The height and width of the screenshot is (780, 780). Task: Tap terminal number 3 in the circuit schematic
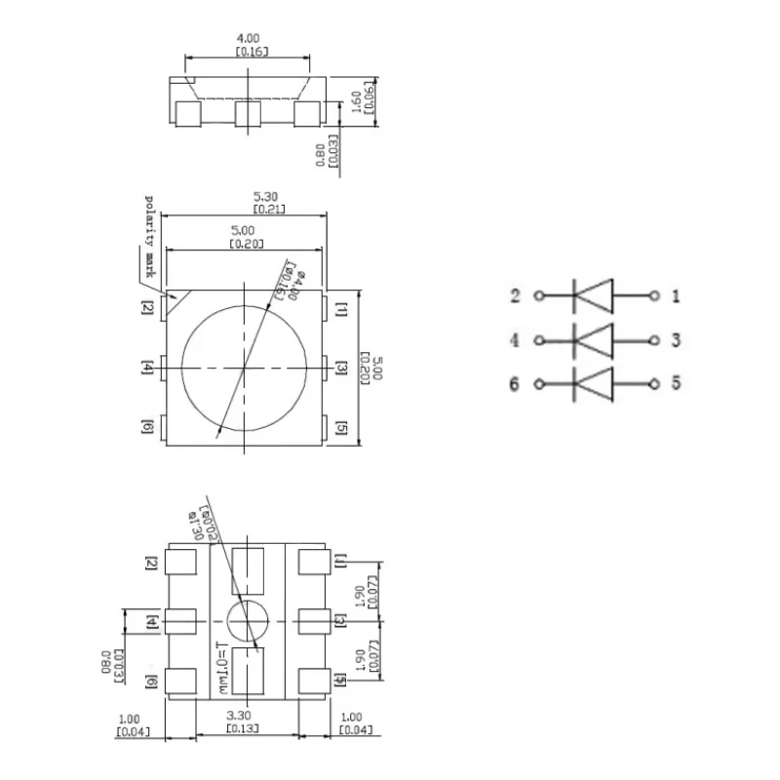tap(675, 340)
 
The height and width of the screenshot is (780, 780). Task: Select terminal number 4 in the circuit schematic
tap(515, 340)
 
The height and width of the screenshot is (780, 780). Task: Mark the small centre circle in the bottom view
tap(248, 619)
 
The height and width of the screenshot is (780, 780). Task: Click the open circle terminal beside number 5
tap(654, 383)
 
